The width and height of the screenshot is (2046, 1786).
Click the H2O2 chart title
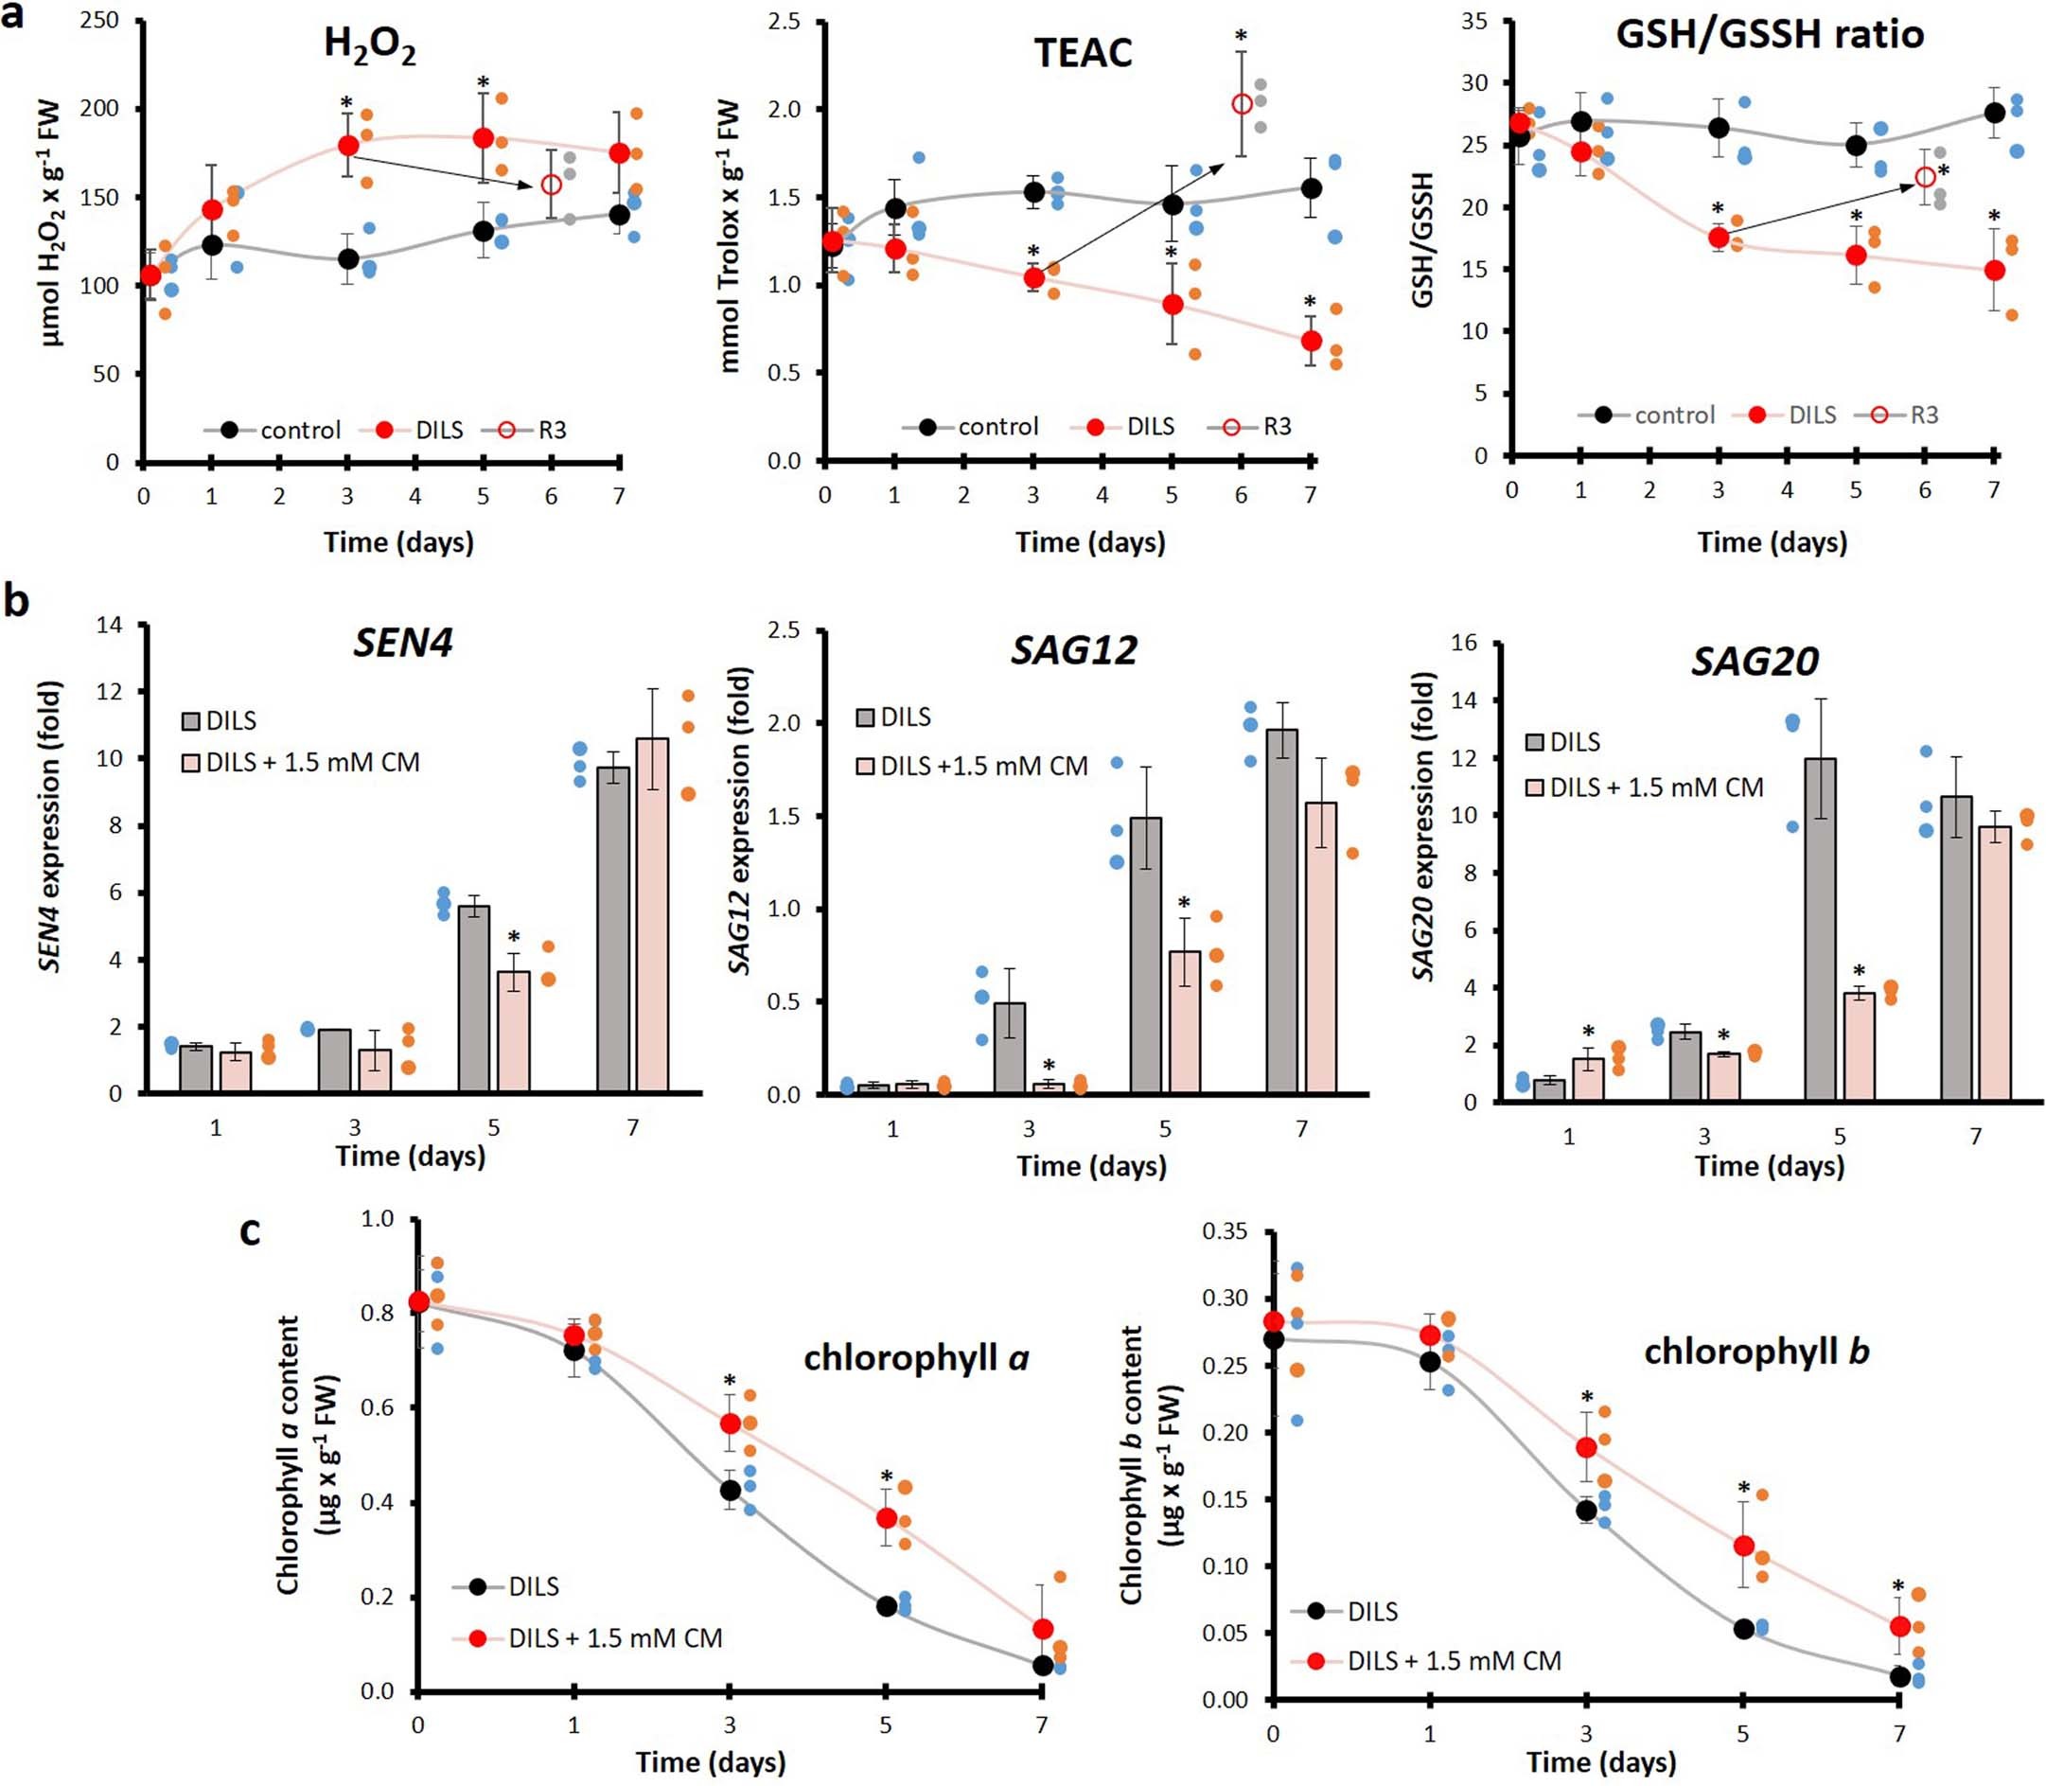click(370, 45)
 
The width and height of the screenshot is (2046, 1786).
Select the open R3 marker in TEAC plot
click(1242, 104)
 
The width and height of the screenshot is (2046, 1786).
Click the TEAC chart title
click(1083, 52)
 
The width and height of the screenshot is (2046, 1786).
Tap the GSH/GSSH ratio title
click(1769, 34)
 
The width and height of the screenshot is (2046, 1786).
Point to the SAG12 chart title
click(1073, 650)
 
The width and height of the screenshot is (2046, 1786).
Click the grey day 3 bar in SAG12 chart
click(1011, 1048)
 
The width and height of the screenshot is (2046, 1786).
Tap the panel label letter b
click(17, 603)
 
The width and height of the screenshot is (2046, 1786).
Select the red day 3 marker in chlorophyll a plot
click(731, 1423)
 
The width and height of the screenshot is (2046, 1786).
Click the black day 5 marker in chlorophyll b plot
click(1743, 1629)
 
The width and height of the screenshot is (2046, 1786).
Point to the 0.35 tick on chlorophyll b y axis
click(1225, 1230)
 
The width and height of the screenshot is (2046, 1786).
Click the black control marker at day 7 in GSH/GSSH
click(1994, 113)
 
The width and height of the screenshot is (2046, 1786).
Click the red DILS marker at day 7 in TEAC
click(1312, 341)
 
